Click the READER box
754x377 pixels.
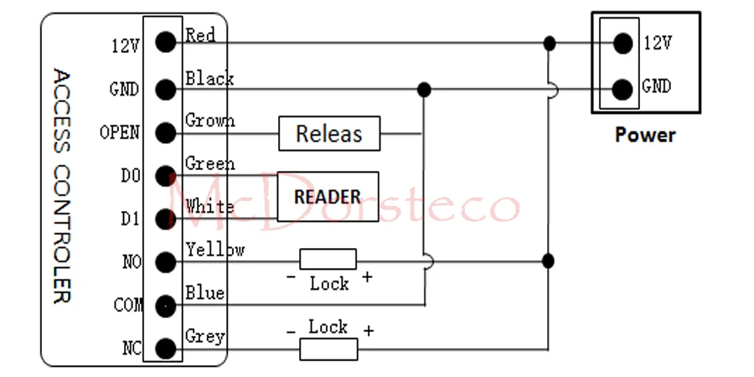[328, 197]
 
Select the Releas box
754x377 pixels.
[328, 133]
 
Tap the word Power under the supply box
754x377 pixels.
[645, 134]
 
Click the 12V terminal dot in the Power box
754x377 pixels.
[622, 42]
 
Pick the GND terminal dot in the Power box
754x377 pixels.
[622, 86]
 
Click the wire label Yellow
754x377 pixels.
[214, 249]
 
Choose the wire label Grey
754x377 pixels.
[204, 336]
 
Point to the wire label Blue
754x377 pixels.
[204, 292]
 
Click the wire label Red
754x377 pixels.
[200, 35]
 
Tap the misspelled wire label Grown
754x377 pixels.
[209, 121]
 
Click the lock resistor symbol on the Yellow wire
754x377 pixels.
[328, 260]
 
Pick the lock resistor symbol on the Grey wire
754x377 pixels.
[328, 349]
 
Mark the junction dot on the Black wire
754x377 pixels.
[424, 89]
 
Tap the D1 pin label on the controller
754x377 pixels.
[131, 219]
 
